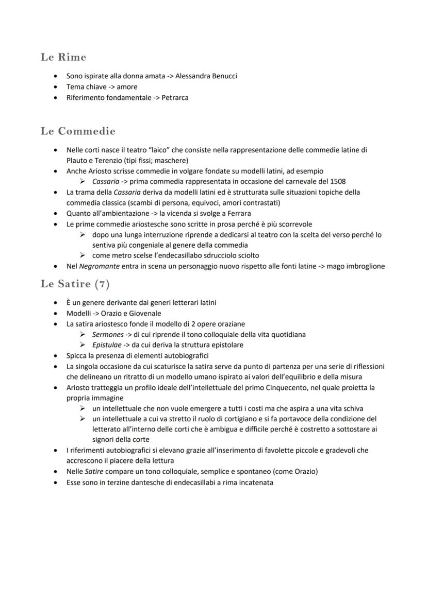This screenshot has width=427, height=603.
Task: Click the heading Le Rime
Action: click(x=63, y=57)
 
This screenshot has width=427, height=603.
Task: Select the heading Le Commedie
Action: click(x=78, y=131)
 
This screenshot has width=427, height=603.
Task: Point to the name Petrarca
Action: click(x=175, y=97)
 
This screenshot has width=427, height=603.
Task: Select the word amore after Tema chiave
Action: click(x=127, y=87)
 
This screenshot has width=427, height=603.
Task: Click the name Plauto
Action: click(x=77, y=160)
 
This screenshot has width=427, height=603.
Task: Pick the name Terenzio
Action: click(x=106, y=160)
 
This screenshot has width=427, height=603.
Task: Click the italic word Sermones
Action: click(x=108, y=335)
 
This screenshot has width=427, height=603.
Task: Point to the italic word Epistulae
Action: click(x=107, y=345)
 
